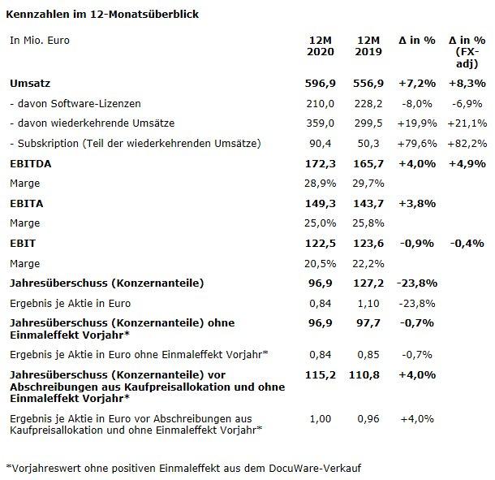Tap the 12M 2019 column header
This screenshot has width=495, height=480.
[x=369, y=46]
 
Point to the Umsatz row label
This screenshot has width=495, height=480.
[x=29, y=83]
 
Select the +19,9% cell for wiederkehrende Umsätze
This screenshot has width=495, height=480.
[x=418, y=123]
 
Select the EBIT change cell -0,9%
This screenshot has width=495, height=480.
[x=418, y=243]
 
